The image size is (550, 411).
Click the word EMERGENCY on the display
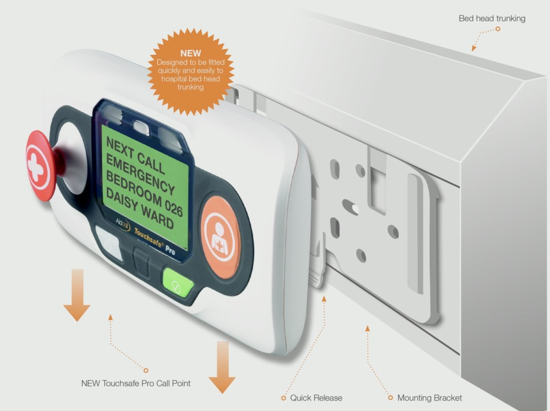pos(140,174)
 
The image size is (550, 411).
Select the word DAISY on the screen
pos(122,200)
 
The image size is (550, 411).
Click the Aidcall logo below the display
pos(123,224)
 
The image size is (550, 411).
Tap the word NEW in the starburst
pos(190,53)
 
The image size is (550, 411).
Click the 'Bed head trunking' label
pos(492,18)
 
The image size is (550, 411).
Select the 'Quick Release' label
pos(316,398)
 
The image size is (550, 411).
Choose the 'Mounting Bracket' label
pos(430,398)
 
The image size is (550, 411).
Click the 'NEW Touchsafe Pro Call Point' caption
pos(136,383)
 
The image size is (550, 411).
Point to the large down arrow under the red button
pos(77,295)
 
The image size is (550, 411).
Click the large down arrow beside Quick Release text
pos(222,367)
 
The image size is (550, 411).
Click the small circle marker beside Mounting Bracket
pos(391,398)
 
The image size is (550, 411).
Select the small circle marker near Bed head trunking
pos(497,29)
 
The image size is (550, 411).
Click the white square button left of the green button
pos(109,243)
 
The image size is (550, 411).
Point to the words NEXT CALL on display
pos(135,155)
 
